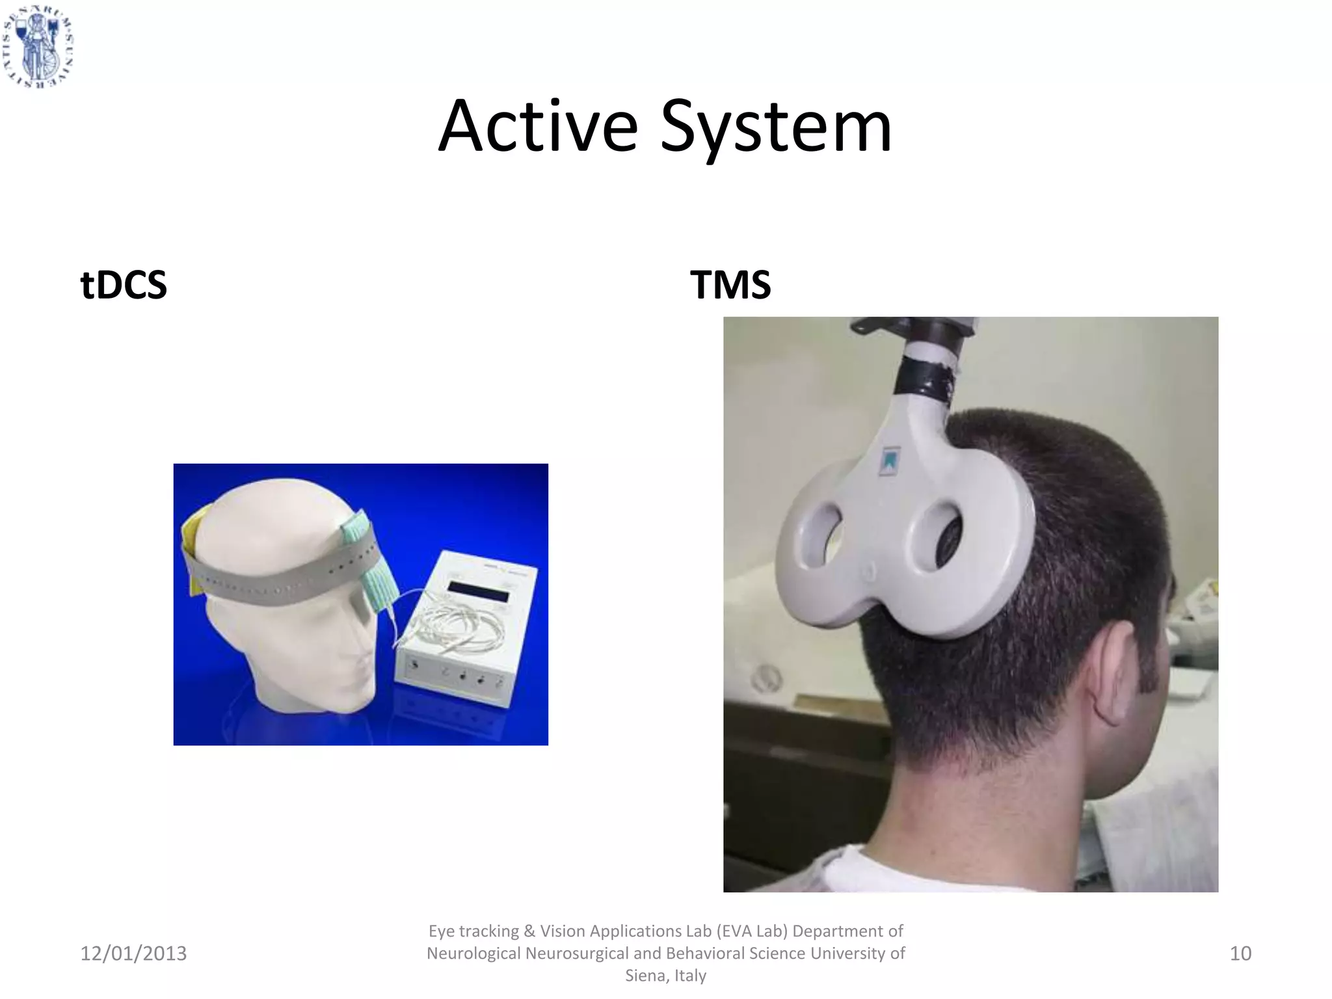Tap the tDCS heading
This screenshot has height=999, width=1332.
click(124, 285)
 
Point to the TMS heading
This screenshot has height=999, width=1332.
click(730, 285)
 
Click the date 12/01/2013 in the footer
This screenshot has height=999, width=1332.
click(133, 953)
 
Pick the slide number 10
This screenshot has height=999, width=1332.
click(1240, 953)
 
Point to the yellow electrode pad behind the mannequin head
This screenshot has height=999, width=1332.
click(193, 553)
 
